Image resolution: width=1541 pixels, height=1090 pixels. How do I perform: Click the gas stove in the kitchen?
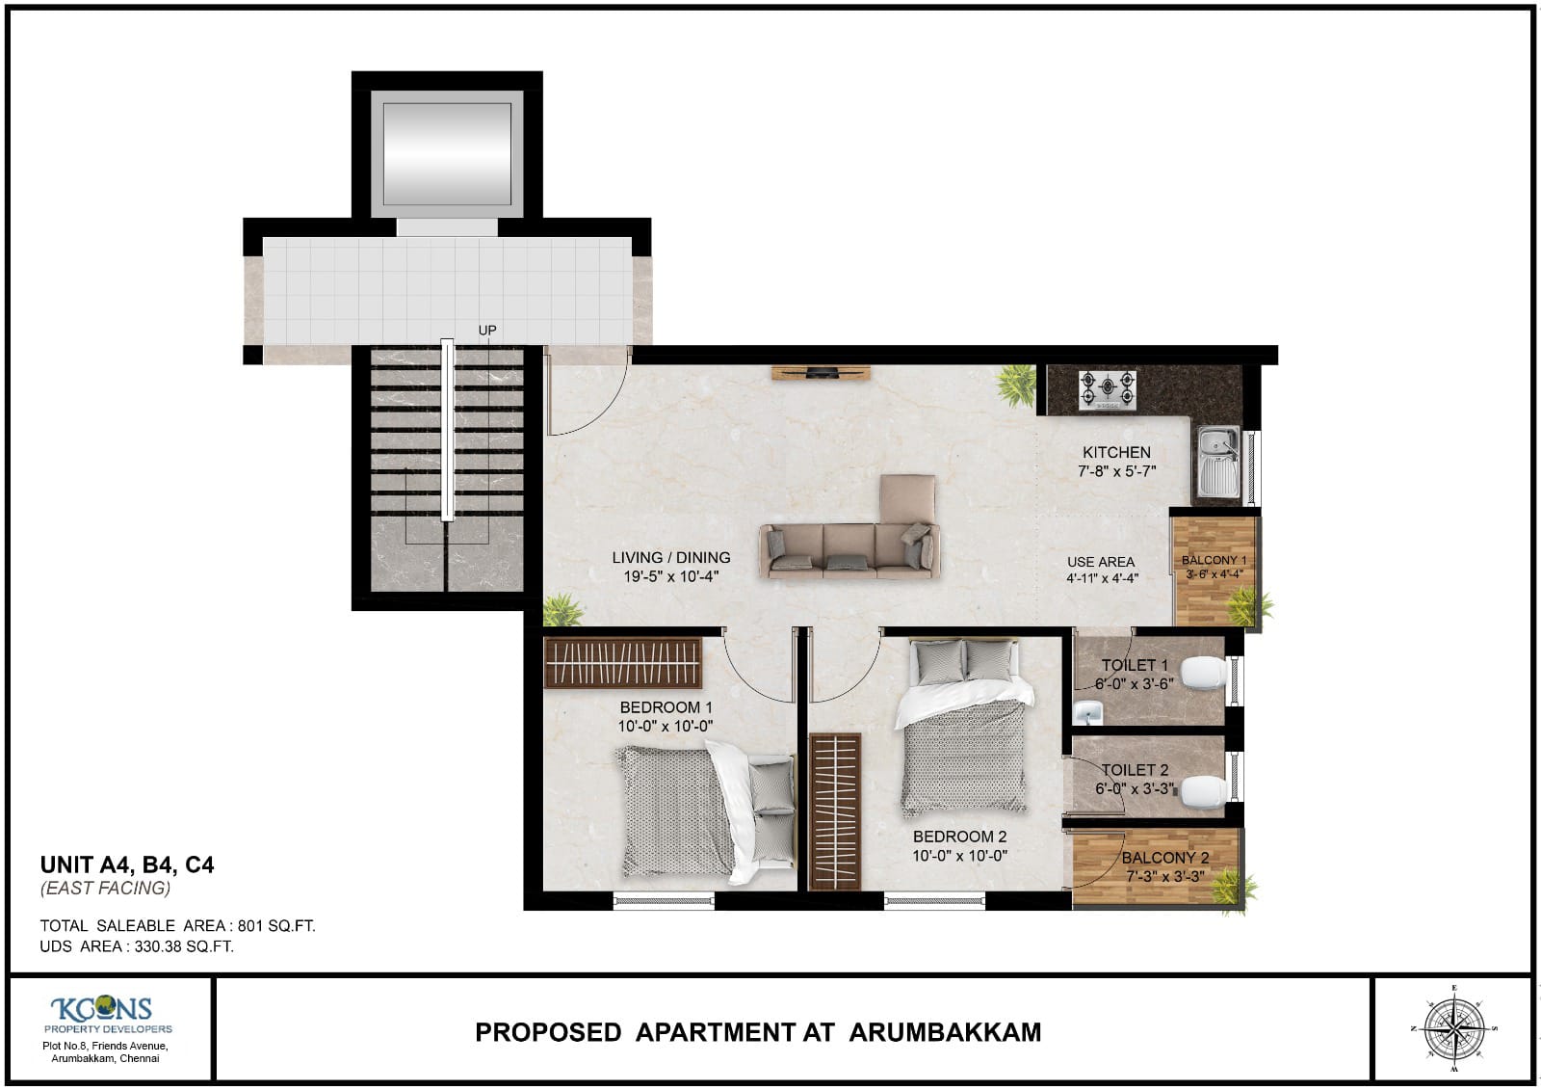point(1108,389)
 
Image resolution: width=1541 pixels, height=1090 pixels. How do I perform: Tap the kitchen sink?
point(1218,462)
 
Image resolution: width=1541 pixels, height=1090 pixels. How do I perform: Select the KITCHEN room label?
point(1116,452)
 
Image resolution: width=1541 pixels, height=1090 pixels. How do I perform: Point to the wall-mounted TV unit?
point(821,373)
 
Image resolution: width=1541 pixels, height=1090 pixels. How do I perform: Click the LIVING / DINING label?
point(671,557)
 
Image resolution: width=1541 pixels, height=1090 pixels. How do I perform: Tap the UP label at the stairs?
point(487,331)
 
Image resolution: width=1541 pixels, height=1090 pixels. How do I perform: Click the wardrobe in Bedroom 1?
point(623,663)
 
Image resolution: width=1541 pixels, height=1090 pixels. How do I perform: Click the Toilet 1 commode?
point(1205,674)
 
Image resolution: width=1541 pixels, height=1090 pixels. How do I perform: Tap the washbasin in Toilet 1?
point(1089,712)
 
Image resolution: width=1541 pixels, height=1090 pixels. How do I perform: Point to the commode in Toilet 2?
point(1204,790)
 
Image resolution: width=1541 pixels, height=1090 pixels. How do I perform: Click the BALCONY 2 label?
point(1164,858)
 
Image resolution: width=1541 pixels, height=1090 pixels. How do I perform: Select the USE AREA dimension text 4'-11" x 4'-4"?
point(1102,578)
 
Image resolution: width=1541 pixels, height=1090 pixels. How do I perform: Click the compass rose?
point(1454,1028)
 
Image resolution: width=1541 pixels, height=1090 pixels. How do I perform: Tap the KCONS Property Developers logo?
point(102,1012)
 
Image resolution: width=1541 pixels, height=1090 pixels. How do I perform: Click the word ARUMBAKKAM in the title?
point(945,1032)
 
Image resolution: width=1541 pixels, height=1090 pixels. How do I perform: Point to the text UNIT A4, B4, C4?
point(127,864)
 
